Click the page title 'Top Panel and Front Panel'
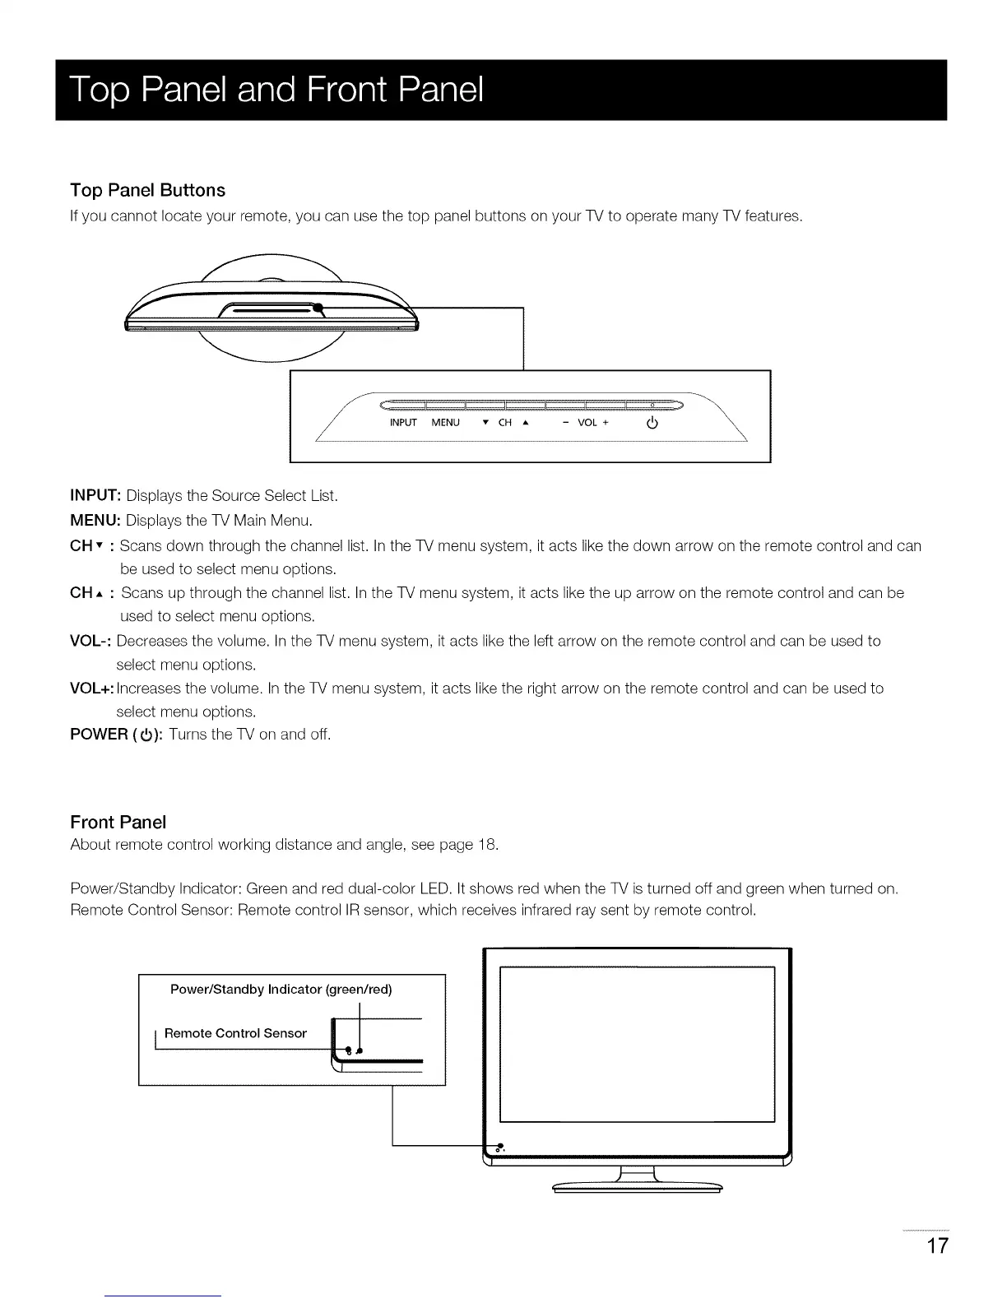(276, 90)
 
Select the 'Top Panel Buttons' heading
(148, 190)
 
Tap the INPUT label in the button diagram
(403, 423)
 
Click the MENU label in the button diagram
(445, 423)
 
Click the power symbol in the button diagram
(652, 424)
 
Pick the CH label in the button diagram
(505, 423)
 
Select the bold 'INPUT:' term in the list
(96, 495)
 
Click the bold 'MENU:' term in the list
(95, 520)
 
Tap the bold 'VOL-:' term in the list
(91, 641)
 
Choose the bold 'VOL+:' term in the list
(92, 688)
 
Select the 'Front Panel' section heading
(118, 822)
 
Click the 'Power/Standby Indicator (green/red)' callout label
(281, 989)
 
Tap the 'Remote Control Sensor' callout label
(235, 1033)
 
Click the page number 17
(937, 1245)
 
